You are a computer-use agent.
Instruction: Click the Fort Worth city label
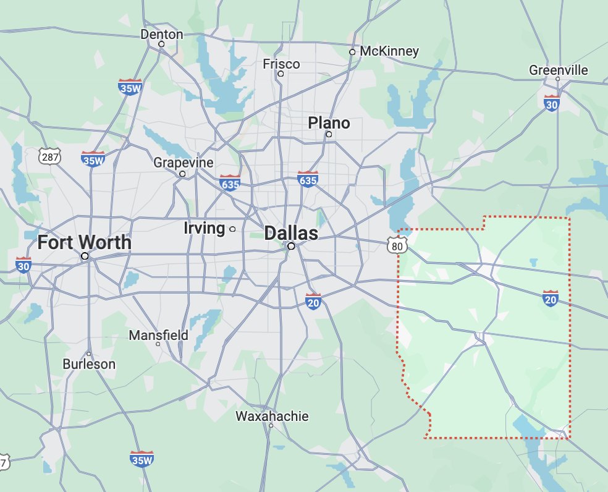pos(84,242)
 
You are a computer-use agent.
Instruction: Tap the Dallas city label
pos(291,233)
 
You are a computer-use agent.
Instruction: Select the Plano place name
pos(329,123)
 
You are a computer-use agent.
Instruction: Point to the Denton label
pos(162,34)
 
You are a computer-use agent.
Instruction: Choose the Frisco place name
pos(281,64)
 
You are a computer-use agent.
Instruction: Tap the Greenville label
pos(559,70)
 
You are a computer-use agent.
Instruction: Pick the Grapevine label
pos(183,163)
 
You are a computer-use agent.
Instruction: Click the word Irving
pos(204,228)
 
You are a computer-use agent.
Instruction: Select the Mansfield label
pos(158,335)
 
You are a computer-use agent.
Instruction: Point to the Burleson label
pos(89,364)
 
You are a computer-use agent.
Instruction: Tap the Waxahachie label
pos(271,416)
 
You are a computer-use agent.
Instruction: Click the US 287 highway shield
pos(49,157)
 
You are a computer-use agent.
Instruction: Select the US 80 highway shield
pos(399,247)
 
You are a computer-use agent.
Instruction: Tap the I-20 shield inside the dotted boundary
pos(551,298)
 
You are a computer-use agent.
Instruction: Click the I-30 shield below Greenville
pos(552,103)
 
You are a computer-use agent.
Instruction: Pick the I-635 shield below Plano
pos(307,179)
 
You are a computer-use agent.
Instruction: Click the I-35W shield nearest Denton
pos(130,87)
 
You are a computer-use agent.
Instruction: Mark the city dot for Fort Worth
pos(85,255)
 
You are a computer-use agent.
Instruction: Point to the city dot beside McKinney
pos(352,52)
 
